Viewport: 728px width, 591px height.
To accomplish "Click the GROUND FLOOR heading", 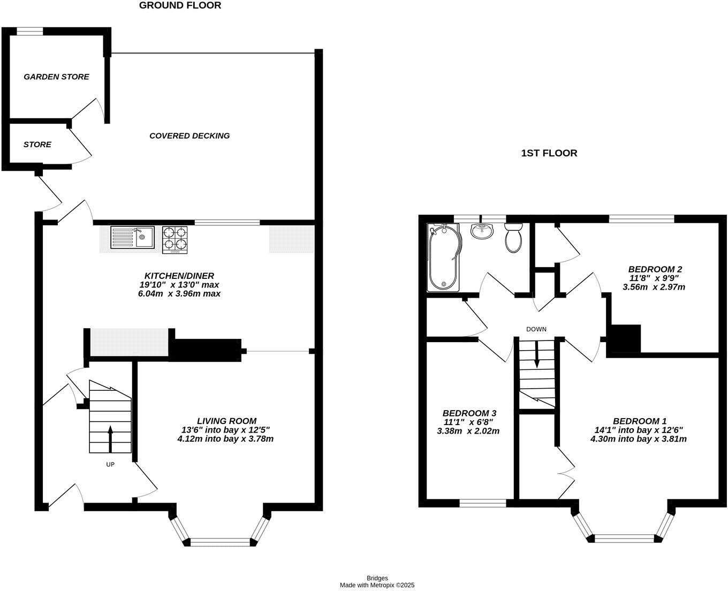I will coord(180,5).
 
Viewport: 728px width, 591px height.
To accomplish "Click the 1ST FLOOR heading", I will coord(549,153).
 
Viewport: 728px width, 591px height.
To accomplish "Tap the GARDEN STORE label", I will coord(56,77).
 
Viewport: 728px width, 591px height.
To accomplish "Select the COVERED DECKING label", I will coord(189,135).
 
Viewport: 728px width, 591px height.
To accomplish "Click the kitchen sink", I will coord(132,237).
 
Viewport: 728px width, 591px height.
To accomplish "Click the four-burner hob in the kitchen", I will coord(176,239).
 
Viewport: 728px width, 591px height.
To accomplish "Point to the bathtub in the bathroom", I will coord(444,257).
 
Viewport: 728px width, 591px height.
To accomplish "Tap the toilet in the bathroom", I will coord(514,238).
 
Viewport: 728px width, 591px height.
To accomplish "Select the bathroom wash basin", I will coord(482,232).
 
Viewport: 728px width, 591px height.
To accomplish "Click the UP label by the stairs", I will coord(110,465).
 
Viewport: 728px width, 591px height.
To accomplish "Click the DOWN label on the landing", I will coord(536,329).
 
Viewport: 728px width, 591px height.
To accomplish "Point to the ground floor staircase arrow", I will coord(110,438).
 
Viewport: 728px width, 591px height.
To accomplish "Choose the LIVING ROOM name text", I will coord(226,421).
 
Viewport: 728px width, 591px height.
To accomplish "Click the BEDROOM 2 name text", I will coord(655,269).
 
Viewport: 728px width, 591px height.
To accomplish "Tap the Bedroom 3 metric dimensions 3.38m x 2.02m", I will coord(468,431).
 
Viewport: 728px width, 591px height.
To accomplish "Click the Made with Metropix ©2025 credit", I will coord(377,585).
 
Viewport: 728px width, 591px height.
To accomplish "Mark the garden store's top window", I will coord(29,32).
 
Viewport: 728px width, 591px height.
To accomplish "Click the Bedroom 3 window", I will coord(483,503).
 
